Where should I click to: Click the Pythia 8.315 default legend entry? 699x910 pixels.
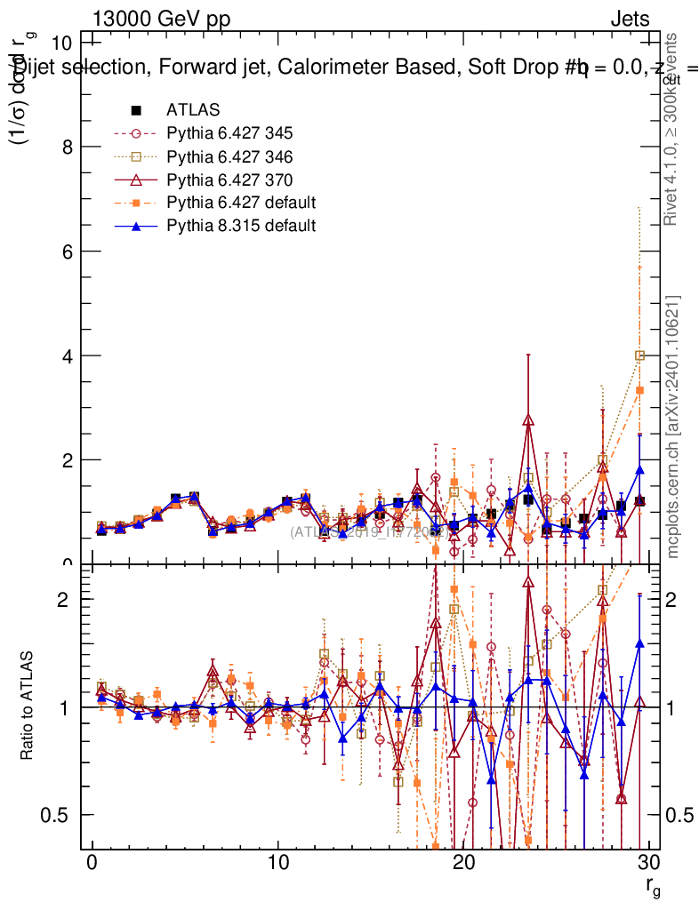(x=241, y=226)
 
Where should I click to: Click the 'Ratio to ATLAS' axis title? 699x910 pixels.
(x=28, y=706)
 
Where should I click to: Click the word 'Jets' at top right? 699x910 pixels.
(x=630, y=19)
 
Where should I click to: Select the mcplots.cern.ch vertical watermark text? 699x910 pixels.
(x=673, y=427)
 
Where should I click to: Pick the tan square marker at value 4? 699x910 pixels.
(x=639, y=355)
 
